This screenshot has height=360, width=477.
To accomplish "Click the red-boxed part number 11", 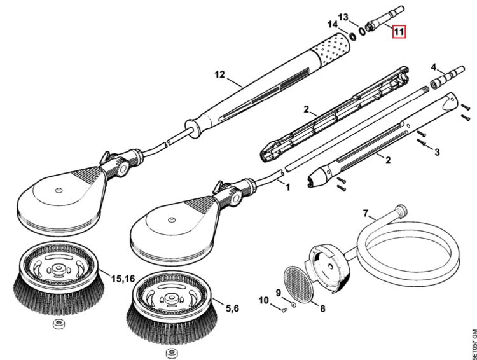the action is point(399,32).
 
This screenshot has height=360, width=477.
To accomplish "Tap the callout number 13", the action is point(343,17).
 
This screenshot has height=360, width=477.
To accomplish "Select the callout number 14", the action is point(333,24).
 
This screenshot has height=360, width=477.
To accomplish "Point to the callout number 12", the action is point(219,74).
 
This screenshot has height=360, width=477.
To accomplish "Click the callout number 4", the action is point(434,67).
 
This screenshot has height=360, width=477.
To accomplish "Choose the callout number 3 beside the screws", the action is point(437,152).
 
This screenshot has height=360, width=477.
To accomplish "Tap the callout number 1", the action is point(287,187).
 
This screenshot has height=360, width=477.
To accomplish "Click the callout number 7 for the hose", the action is point(366,213).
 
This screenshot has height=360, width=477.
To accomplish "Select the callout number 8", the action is point(322,308).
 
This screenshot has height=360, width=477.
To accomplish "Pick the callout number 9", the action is point(279,293).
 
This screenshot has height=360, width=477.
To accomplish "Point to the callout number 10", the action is point(264,300).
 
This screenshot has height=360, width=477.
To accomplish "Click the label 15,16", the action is point(123,279).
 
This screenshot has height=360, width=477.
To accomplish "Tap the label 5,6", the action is point(232,308).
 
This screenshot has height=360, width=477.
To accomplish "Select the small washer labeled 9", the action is point(293,305).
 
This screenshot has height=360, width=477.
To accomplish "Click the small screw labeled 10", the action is point(285,310).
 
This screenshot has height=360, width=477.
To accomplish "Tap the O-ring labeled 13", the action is point(362,31).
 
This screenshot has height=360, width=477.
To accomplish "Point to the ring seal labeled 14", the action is point(353,36).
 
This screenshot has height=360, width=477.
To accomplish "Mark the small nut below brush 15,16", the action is point(57,324).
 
